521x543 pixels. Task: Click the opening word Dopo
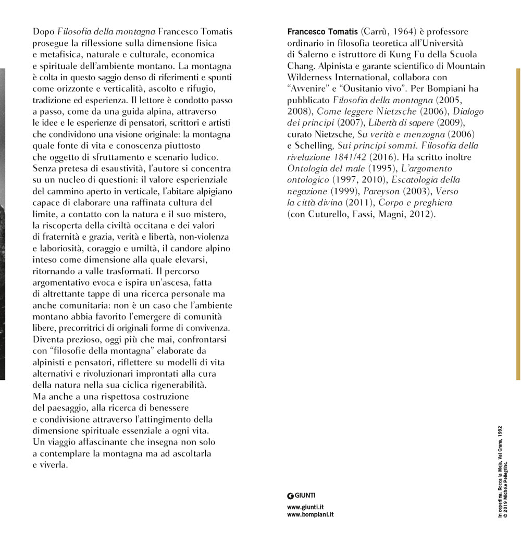click(43, 32)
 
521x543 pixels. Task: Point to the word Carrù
click(376, 32)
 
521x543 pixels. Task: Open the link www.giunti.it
click(305, 507)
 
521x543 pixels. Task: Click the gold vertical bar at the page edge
click(518, 224)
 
